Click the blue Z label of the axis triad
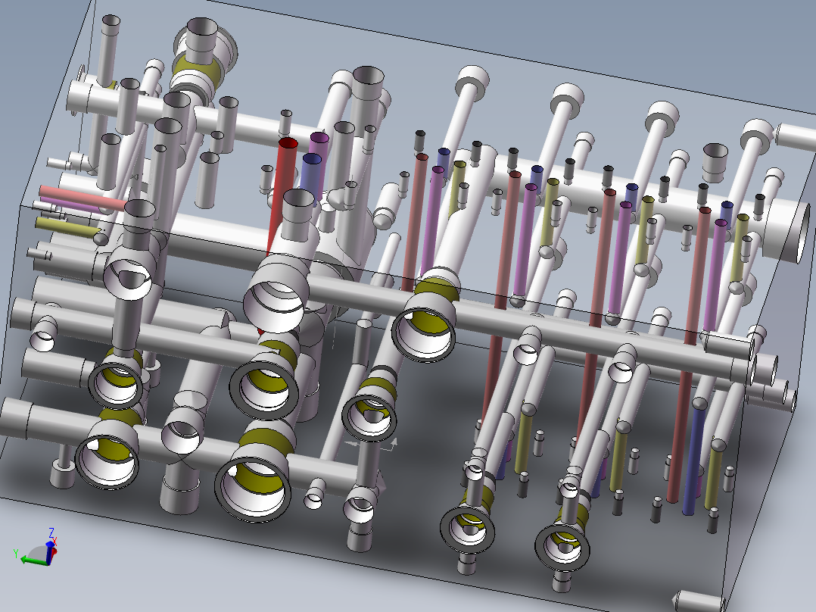[51, 532]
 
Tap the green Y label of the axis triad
[15, 554]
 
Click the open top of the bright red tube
[288, 143]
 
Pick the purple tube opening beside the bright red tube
[319, 138]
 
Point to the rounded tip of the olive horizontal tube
[101, 238]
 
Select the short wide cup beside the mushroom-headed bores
[716, 160]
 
